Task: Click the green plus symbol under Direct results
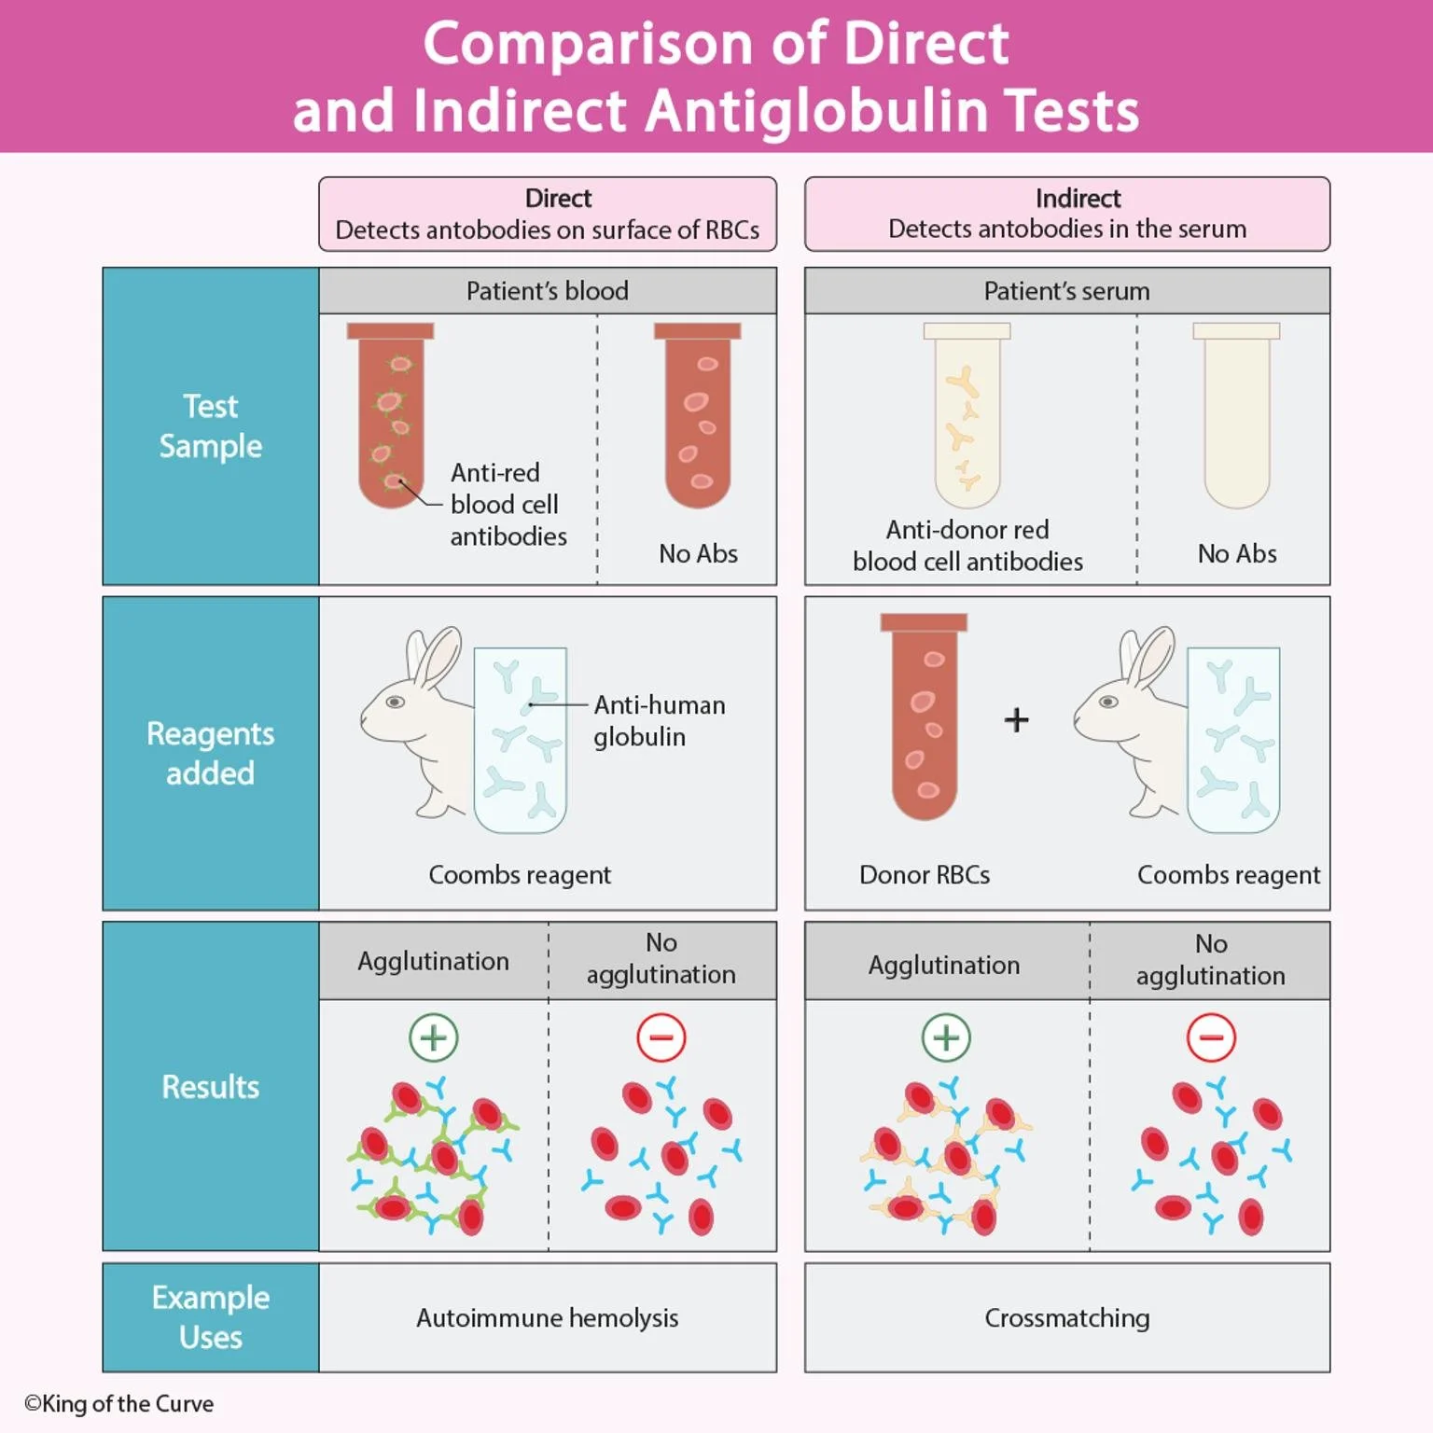coord(433,1037)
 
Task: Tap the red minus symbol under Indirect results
coord(1211,1037)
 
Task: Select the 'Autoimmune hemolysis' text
coord(547,1317)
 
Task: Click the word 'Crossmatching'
coord(1066,1317)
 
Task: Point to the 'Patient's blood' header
coord(547,291)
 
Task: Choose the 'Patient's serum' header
coord(1066,291)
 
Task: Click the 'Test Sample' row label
coord(211,426)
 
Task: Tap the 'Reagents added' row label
coord(211,753)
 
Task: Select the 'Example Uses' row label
coord(211,1316)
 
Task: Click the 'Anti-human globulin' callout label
coord(659,720)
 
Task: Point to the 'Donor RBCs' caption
coord(924,874)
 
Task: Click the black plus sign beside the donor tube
coord(1016,720)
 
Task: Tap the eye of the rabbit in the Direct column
coord(396,702)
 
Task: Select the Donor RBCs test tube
coord(924,718)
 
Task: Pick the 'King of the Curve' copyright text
coord(119,1403)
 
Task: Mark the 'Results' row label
coord(211,1087)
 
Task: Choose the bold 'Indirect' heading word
coord(1078,198)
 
